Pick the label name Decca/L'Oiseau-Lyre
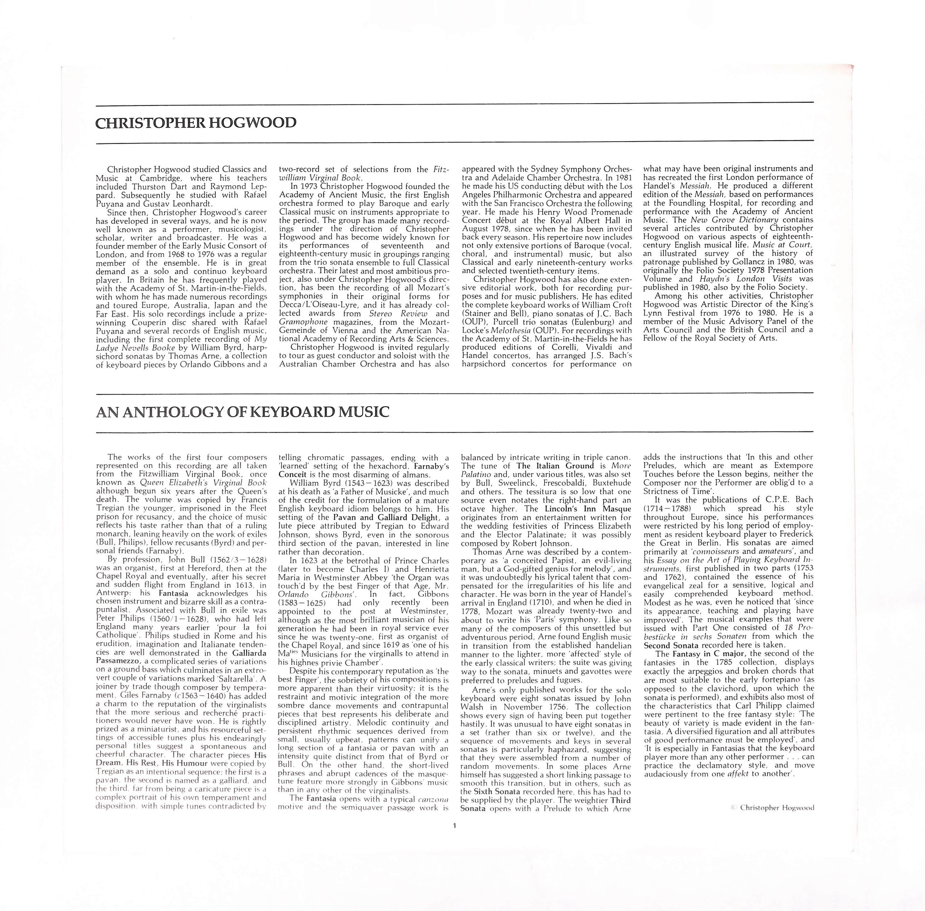(x=315, y=305)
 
